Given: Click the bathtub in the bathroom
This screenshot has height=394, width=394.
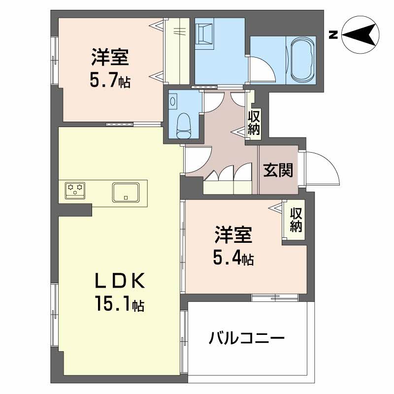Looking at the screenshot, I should pyautogui.click(x=302, y=61).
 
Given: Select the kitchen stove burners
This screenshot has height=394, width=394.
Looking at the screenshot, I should pyautogui.click(x=75, y=190).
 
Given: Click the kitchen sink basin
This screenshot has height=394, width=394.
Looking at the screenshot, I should pyautogui.click(x=126, y=191).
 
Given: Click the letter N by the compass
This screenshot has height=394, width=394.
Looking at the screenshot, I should pyautogui.click(x=333, y=34).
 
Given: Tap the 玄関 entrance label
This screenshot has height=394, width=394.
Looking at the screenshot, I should pyautogui.click(x=278, y=170).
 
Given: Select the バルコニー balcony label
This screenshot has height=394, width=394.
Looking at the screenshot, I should pyautogui.click(x=246, y=339).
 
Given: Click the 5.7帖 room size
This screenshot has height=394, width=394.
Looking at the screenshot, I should pyautogui.click(x=110, y=80).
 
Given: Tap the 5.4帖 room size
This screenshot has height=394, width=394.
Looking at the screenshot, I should pyautogui.click(x=233, y=258).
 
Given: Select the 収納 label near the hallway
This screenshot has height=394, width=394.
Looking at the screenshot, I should pyautogui.click(x=254, y=123).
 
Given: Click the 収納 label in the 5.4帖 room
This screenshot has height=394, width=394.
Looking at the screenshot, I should pyautogui.click(x=295, y=220).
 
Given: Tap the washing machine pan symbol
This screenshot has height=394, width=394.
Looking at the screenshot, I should pyautogui.click(x=204, y=34).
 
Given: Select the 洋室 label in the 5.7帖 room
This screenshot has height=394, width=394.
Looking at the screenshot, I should pyautogui.click(x=110, y=58).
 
